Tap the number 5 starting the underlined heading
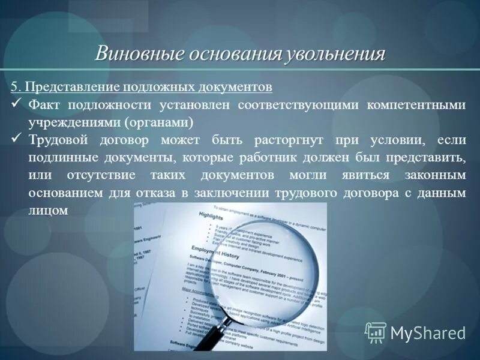point(14,87)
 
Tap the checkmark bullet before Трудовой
point(17,140)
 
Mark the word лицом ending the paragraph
point(47,211)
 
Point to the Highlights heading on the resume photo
point(211,215)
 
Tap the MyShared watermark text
point(427,334)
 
